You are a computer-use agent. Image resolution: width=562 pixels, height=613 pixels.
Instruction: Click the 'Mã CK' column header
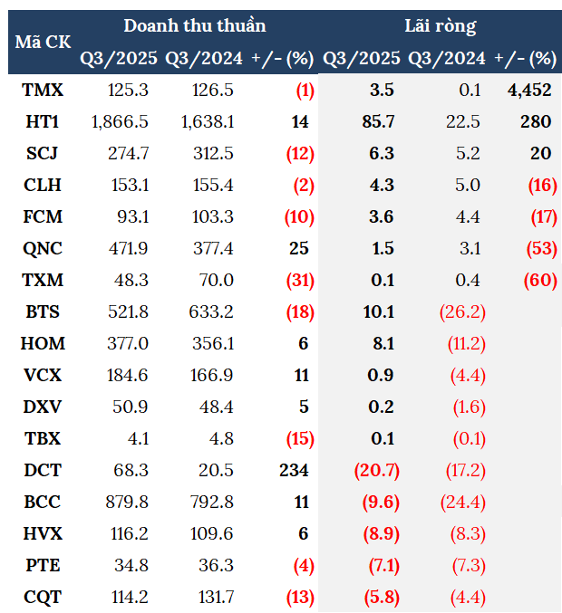pos(43,42)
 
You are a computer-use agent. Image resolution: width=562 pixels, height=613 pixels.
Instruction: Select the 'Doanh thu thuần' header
pos(195,25)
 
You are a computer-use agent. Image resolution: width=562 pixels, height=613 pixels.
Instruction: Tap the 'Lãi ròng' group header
pos(440,25)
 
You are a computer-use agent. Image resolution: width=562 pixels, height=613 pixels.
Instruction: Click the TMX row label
pos(43,90)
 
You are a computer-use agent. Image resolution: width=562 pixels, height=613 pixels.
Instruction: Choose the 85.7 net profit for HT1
pos(383,121)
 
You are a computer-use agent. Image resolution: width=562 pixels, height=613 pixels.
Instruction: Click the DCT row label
pos(43,470)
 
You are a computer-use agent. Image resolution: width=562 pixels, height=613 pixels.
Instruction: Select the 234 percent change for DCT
pos(294,470)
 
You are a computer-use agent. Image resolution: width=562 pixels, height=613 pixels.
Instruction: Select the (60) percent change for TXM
pos(539,280)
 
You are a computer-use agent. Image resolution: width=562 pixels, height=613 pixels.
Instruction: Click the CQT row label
pos(43,597)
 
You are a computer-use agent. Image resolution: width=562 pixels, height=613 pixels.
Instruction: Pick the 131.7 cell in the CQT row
pos(215,597)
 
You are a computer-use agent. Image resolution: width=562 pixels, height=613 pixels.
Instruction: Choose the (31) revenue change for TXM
pos(299,280)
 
